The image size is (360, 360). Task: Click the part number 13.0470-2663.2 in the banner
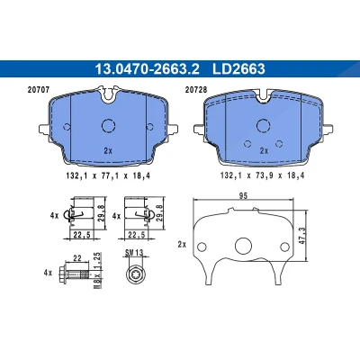[x=147, y=69]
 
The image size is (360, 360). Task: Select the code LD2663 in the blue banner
[x=238, y=69]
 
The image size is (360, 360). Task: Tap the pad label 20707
[x=38, y=90]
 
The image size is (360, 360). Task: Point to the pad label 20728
[x=196, y=90]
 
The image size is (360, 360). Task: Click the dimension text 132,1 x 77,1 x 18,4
[x=108, y=175]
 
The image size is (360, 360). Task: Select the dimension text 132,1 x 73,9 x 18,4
[x=262, y=175]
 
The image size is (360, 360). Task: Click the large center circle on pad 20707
[x=108, y=126]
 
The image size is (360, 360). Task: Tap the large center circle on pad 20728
[x=264, y=126]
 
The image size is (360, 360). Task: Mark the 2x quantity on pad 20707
[x=108, y=151]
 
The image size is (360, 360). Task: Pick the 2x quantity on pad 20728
[x=264, y=151]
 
